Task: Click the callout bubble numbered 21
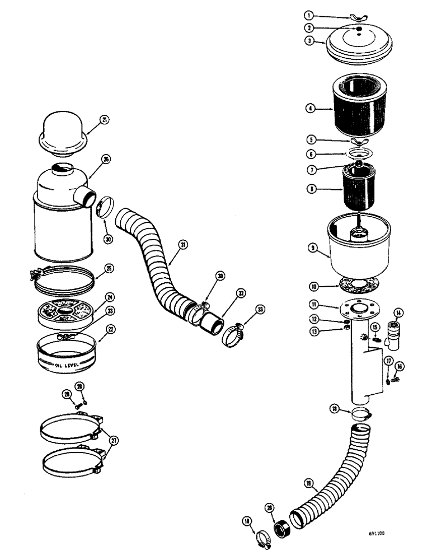[x=104, y=119]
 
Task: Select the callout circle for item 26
[x=106, y=160]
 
